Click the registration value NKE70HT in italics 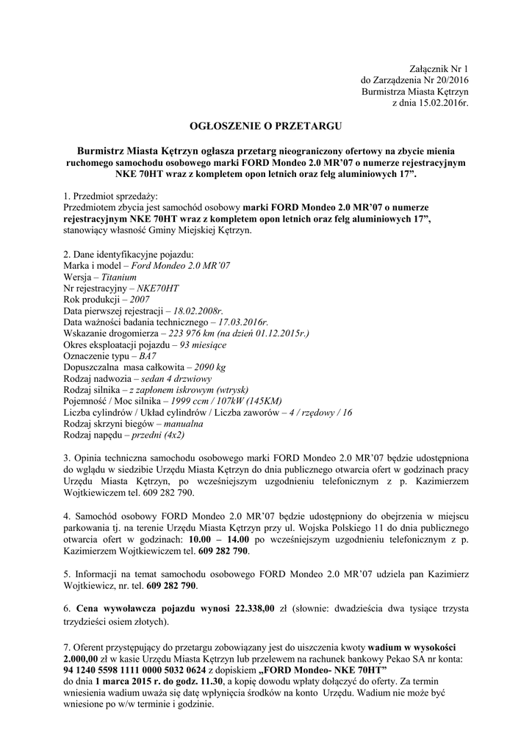[152, 290]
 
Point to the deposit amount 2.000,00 [87, 658]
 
